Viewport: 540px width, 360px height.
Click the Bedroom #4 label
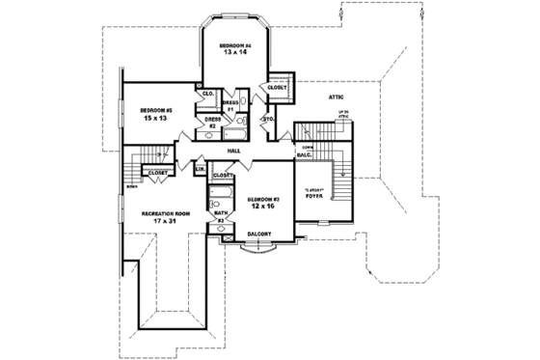tap(235, 46)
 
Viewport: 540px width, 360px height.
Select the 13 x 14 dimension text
tap(234, 55)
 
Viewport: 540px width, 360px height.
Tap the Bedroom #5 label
tap(155, 110)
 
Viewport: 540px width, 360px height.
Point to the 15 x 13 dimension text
tap(154, 119)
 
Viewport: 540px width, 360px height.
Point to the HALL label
tap(233, 152)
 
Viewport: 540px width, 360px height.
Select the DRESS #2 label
tap(212, 122)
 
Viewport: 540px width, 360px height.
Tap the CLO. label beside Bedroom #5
tap(208, 94)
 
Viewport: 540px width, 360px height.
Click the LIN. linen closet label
tap(201, 170)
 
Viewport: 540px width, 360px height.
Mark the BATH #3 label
tap(220, 217)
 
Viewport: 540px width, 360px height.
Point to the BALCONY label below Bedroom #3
tap(257, 234)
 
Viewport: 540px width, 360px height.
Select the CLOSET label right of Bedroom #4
tap(277, 87)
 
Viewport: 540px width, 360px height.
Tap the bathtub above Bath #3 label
tap(220, 201)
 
